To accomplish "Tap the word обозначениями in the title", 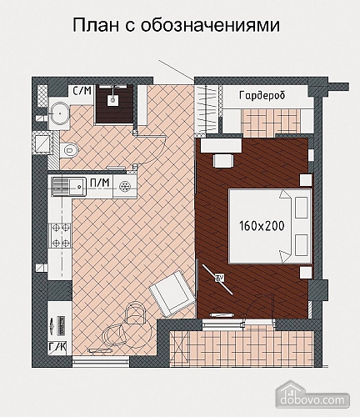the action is coord(211,26).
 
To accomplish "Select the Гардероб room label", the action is coord(262,96).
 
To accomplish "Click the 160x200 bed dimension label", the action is coord(262,226).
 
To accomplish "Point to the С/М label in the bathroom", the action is coord(82,91).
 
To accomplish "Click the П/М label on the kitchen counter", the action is coord(100,183).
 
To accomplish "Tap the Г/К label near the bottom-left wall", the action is coord(57,347).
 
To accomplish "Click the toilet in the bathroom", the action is coord(69,150).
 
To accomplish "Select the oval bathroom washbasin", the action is coord(59,113).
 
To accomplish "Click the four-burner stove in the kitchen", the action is coord(61,236).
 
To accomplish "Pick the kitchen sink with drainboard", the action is coord(68,187).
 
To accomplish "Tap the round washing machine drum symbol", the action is coord(125,186).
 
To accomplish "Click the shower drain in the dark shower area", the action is coord(112,99).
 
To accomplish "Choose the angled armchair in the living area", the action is coord(172,294).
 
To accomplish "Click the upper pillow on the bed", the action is coord(302,208).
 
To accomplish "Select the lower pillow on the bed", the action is coord(302,245).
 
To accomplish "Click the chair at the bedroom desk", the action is coord(223,161).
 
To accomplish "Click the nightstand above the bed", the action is coord(305,180).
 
